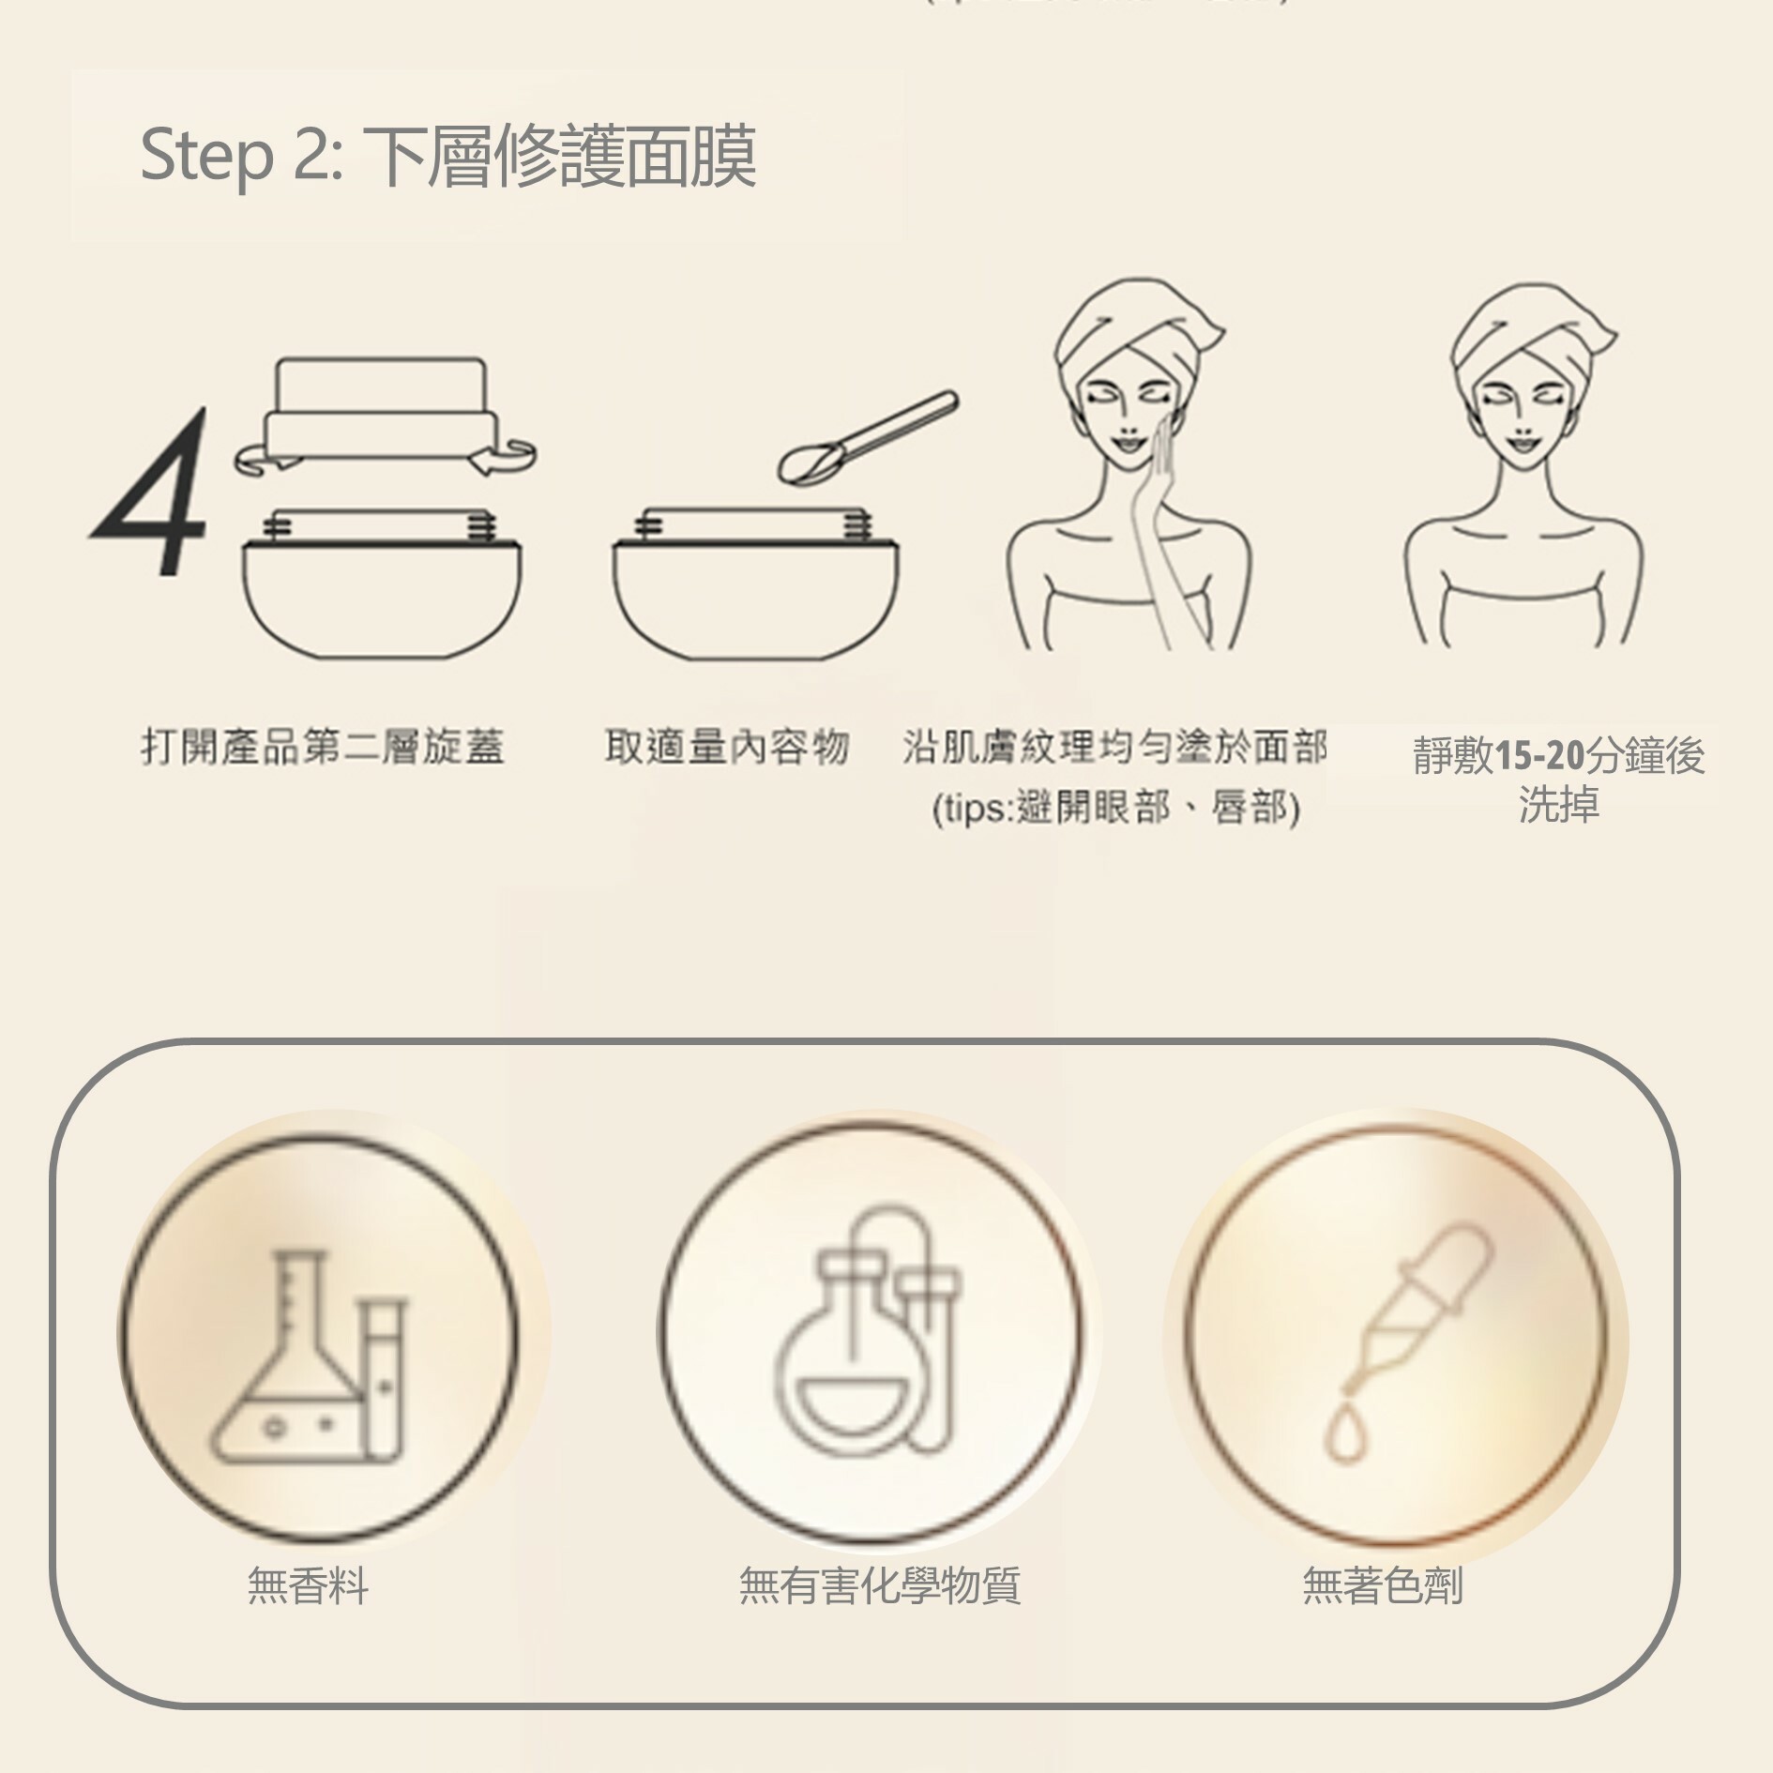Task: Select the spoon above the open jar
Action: (x=868, y=437)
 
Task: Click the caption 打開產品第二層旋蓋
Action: (x=323, y=748)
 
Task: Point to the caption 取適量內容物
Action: (x=727, y=748)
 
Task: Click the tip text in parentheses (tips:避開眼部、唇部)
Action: (x=1115, y=808)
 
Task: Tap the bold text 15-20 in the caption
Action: (x=1538, y=755)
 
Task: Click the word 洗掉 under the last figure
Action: (x=1558, y=805)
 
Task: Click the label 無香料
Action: (x=308, y=1586)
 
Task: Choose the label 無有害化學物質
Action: (x=879, y=1586)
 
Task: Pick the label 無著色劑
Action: (x=1382, y=1586)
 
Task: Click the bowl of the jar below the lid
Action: (x=382, y=600)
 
